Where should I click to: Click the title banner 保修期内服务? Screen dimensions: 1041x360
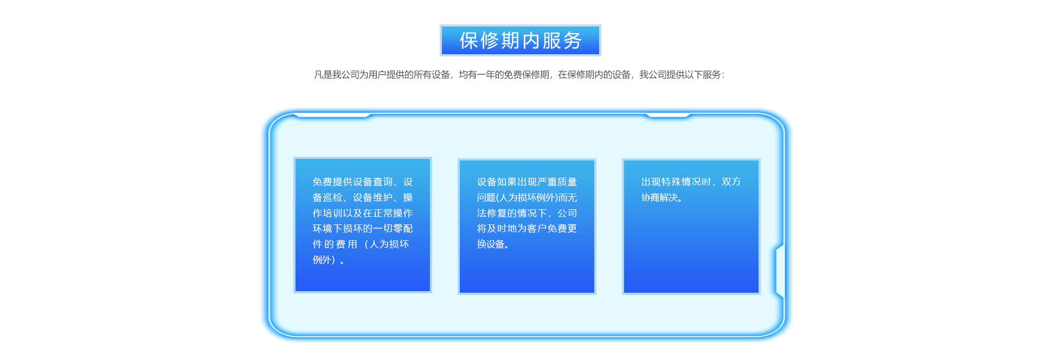[520, 40]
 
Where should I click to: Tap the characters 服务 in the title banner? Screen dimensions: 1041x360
[562, 41]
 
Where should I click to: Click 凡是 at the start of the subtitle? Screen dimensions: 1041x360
[323, 75]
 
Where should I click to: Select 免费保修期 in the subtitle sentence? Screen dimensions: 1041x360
[526, 75]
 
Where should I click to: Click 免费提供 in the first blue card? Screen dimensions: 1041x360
[332, 182]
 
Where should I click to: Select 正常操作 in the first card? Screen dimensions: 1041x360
[393, 213]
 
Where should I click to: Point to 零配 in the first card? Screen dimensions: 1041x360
[403, 228]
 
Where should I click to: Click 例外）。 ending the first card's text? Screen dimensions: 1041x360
[329, 260]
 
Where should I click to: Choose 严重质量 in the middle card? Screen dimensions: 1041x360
[557, 182]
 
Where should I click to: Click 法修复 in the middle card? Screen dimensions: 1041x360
[492, 213]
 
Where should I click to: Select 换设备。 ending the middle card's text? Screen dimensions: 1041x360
[493, 244]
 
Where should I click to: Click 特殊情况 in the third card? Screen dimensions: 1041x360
[682, 182]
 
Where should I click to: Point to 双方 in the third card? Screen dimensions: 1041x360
[731, 182]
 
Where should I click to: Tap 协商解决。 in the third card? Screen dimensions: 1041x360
[662, 197]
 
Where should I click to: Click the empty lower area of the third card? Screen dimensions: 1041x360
[691, 255]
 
